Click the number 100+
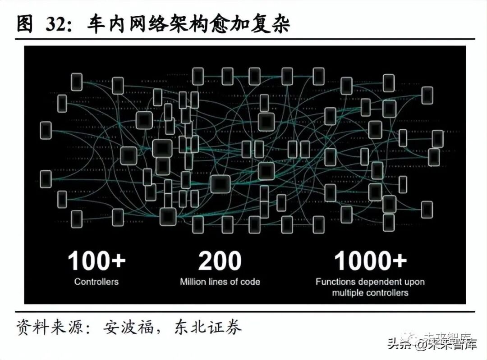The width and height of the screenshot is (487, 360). [96, 261]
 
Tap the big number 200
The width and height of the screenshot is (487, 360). [220, 261]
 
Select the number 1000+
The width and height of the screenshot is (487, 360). [370, 261]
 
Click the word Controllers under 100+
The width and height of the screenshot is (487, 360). [96, 282]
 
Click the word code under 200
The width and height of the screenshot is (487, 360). [250, 282]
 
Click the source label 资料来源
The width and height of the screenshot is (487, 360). [50, 326]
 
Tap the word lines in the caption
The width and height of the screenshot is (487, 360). [224, 282]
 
